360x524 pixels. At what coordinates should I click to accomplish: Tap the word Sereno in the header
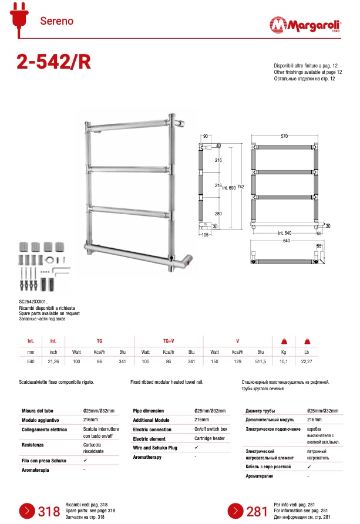[x=56, y=21]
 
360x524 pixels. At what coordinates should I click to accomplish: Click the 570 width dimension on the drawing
[x=284, y=136]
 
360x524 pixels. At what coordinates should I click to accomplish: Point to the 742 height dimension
[x=241, y=187]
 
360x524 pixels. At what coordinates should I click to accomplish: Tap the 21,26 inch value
[x=53, y=362]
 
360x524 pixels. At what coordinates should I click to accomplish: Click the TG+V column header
[x=168, y=340]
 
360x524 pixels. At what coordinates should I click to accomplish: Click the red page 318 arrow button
[x=28, y=510]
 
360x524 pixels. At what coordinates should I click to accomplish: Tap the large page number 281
[x=257, y=511]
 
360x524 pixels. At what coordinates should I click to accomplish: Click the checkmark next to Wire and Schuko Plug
[x=196, y=448]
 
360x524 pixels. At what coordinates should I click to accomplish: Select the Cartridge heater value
[x=211, y=438]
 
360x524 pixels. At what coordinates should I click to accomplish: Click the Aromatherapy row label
[x=148, y=457]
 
